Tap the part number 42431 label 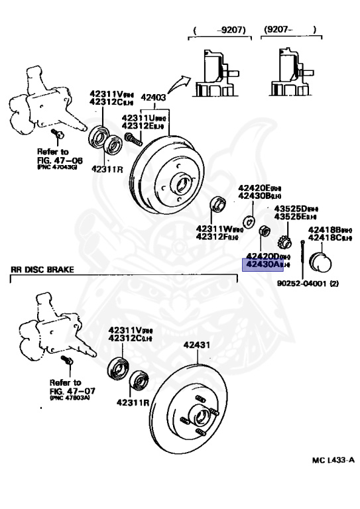click(x=196, y=345)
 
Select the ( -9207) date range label click(x=219, y=29)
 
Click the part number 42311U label click(x=140, y=117)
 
